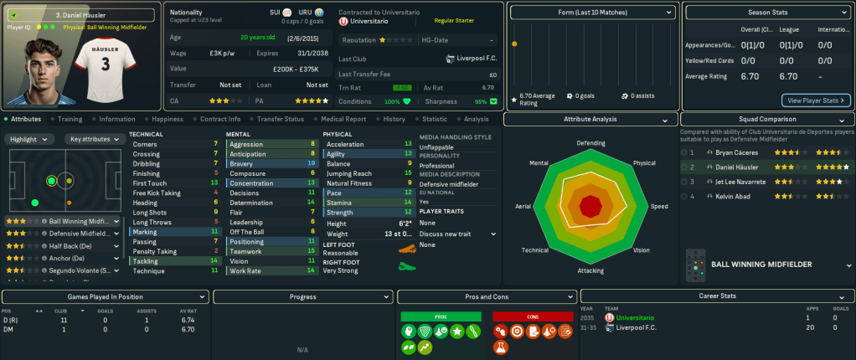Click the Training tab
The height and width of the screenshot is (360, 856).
click(x=70, y=119)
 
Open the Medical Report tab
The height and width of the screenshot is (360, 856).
click(x=343, y=119)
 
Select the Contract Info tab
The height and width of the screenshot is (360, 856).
click(x=220, y=119)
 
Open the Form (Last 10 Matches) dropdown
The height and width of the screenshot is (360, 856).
click(x=592, y=13)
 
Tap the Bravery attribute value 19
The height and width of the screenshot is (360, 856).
click(x=312, y=163)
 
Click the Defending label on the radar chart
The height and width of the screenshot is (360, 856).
click(x=591, y=143)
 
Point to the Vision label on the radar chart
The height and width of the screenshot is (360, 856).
click(x=641, y=249)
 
